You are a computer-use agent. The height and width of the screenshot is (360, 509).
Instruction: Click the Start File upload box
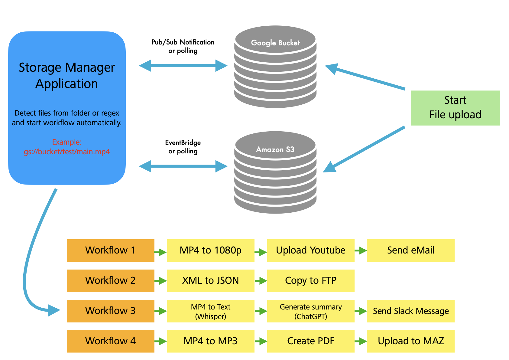click(455, 108)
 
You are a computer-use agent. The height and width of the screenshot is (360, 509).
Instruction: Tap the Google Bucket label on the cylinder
click(275, 43)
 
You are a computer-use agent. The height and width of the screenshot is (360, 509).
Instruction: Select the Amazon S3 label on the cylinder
click(275, 149)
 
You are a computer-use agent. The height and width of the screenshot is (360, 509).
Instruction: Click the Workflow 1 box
click(110, 250)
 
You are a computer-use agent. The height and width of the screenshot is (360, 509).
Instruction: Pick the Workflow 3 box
click(110, 311)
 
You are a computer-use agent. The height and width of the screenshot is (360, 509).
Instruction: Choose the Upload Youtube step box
click(310, 250)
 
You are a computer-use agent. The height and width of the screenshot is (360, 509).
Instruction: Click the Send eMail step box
click(410, 250)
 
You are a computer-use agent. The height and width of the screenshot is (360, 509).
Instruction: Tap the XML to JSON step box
click(210, 281)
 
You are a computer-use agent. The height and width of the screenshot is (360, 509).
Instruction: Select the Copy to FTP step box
click(310, 281)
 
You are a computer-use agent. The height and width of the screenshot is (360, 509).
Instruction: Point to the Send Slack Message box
click(410, 311)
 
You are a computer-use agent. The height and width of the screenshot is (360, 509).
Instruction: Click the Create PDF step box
click(310, 341)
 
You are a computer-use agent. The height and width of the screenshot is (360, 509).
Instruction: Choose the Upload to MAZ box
click(410, 341)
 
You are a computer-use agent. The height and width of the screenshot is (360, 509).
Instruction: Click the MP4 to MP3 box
click(210, 341)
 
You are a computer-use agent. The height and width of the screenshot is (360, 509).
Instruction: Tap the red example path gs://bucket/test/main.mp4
click(67, 152)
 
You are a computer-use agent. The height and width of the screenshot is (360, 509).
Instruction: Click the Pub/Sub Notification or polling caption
click(183, 46)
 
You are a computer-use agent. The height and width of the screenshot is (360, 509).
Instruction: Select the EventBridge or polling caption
click(183, 147)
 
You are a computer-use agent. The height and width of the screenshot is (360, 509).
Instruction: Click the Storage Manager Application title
click(67, 75)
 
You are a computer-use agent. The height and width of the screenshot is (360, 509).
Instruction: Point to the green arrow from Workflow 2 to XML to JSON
click(160, 281)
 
